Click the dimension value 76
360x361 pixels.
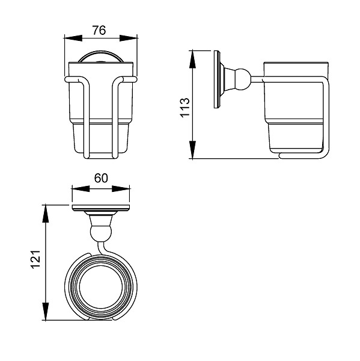[x=99, y=31]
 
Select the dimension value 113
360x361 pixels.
[x=185, y=108]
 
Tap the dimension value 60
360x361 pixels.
[x=101, y=178]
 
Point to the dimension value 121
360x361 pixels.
[x=35, y=259]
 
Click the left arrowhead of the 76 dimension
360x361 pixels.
[x=73, y=39]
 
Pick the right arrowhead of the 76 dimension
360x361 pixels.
[x=129, y=39]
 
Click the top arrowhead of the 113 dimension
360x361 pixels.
[x=192, y=59]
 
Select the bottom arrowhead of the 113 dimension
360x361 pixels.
[x=192, y=150]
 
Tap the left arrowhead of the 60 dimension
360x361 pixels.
[x=81, y=189]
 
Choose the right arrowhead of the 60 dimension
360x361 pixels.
[x=121, y=189]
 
